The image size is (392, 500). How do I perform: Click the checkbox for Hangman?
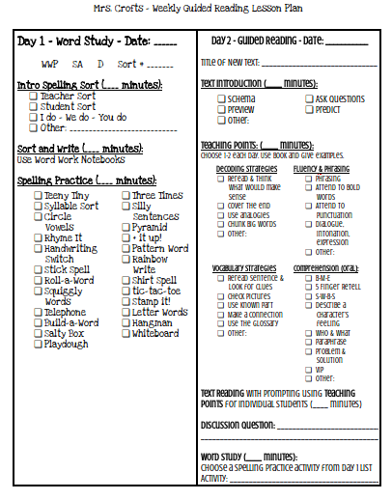pos(126,323)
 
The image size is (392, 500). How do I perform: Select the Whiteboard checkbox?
pos(126,334)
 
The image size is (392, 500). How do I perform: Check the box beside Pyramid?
pos(126,228)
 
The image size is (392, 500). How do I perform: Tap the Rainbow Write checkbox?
pos(126,260)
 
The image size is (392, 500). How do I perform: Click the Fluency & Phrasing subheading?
pos(324,168)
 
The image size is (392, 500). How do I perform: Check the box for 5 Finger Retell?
pos(310,287)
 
